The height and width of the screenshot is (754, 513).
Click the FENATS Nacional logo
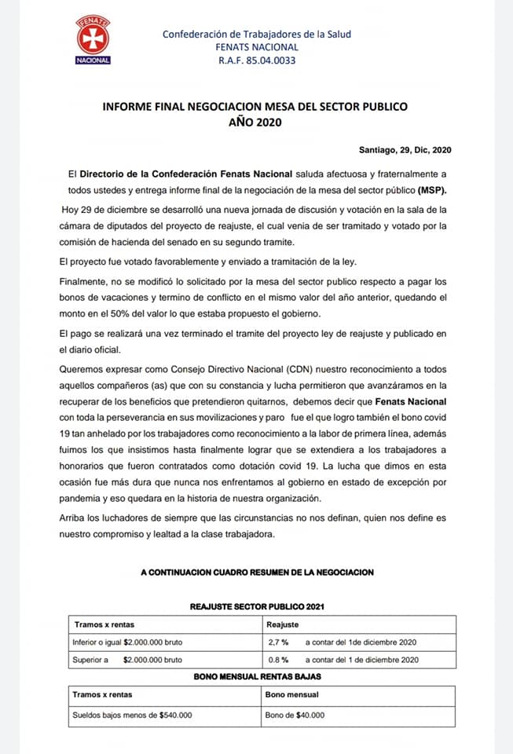tap(92, 38)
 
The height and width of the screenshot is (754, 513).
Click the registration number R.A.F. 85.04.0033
tap(257, 60)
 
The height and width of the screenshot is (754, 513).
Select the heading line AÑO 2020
tap(255, 122)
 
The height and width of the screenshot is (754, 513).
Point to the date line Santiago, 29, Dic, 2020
tap(405, 150)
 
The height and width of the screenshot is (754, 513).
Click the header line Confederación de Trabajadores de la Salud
tap(257, 34)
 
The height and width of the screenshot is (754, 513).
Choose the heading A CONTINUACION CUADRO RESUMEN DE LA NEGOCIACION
tap(257, 573)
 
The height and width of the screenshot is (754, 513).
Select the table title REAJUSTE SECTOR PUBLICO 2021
tap(257, 607)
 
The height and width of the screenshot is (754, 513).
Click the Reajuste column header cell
tap(283, 625)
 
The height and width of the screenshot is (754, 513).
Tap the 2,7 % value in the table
tap(278, 642)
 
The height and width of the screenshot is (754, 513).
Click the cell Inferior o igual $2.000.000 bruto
tap(127, 642)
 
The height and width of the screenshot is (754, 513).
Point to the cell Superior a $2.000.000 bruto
tap(127, 660)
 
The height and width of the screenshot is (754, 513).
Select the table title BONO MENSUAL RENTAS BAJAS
tap(257, 676)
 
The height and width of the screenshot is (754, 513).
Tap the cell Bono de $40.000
tap(295, 715)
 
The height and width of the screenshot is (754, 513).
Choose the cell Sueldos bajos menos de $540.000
tap(132, 715)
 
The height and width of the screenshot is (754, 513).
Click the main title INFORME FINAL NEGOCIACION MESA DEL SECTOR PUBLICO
tap(255, 106)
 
